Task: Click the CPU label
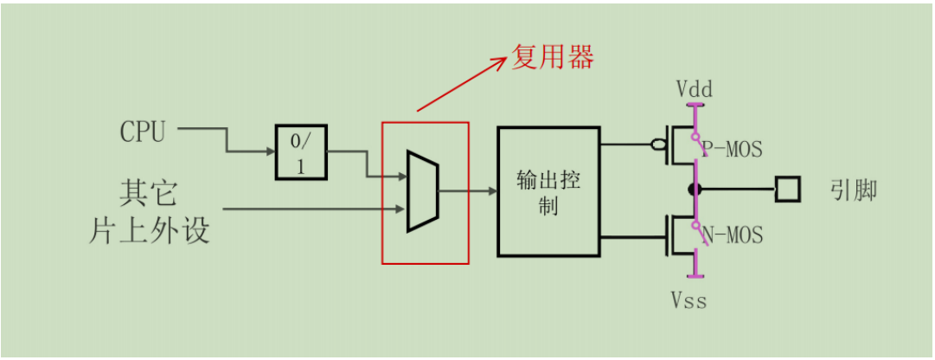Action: click(142, 132)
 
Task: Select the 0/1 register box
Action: click(300, 152)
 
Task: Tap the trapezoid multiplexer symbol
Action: click(422, 191)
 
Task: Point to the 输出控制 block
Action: click(548, 192)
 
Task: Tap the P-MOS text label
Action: click(732, 149)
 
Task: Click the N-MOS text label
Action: click(732, 235)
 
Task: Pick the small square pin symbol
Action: click(787, 190)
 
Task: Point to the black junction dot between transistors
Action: click(694, 190)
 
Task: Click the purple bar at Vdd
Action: click(694, 107)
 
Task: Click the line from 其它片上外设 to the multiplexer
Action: click(311, 209)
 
